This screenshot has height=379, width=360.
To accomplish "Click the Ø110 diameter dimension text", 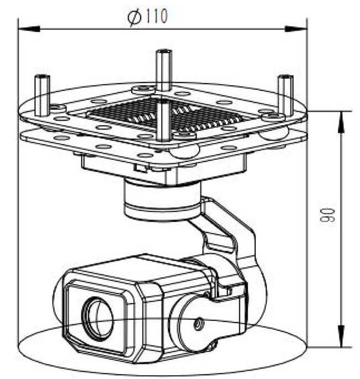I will click(147, 18).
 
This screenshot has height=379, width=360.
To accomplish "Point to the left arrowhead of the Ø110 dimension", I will click(24, 28).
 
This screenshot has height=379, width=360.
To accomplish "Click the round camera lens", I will click(97, 318).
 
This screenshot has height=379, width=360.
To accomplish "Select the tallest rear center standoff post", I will click(163, 69).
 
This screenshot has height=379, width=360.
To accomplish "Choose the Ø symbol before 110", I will click(133, 18).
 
